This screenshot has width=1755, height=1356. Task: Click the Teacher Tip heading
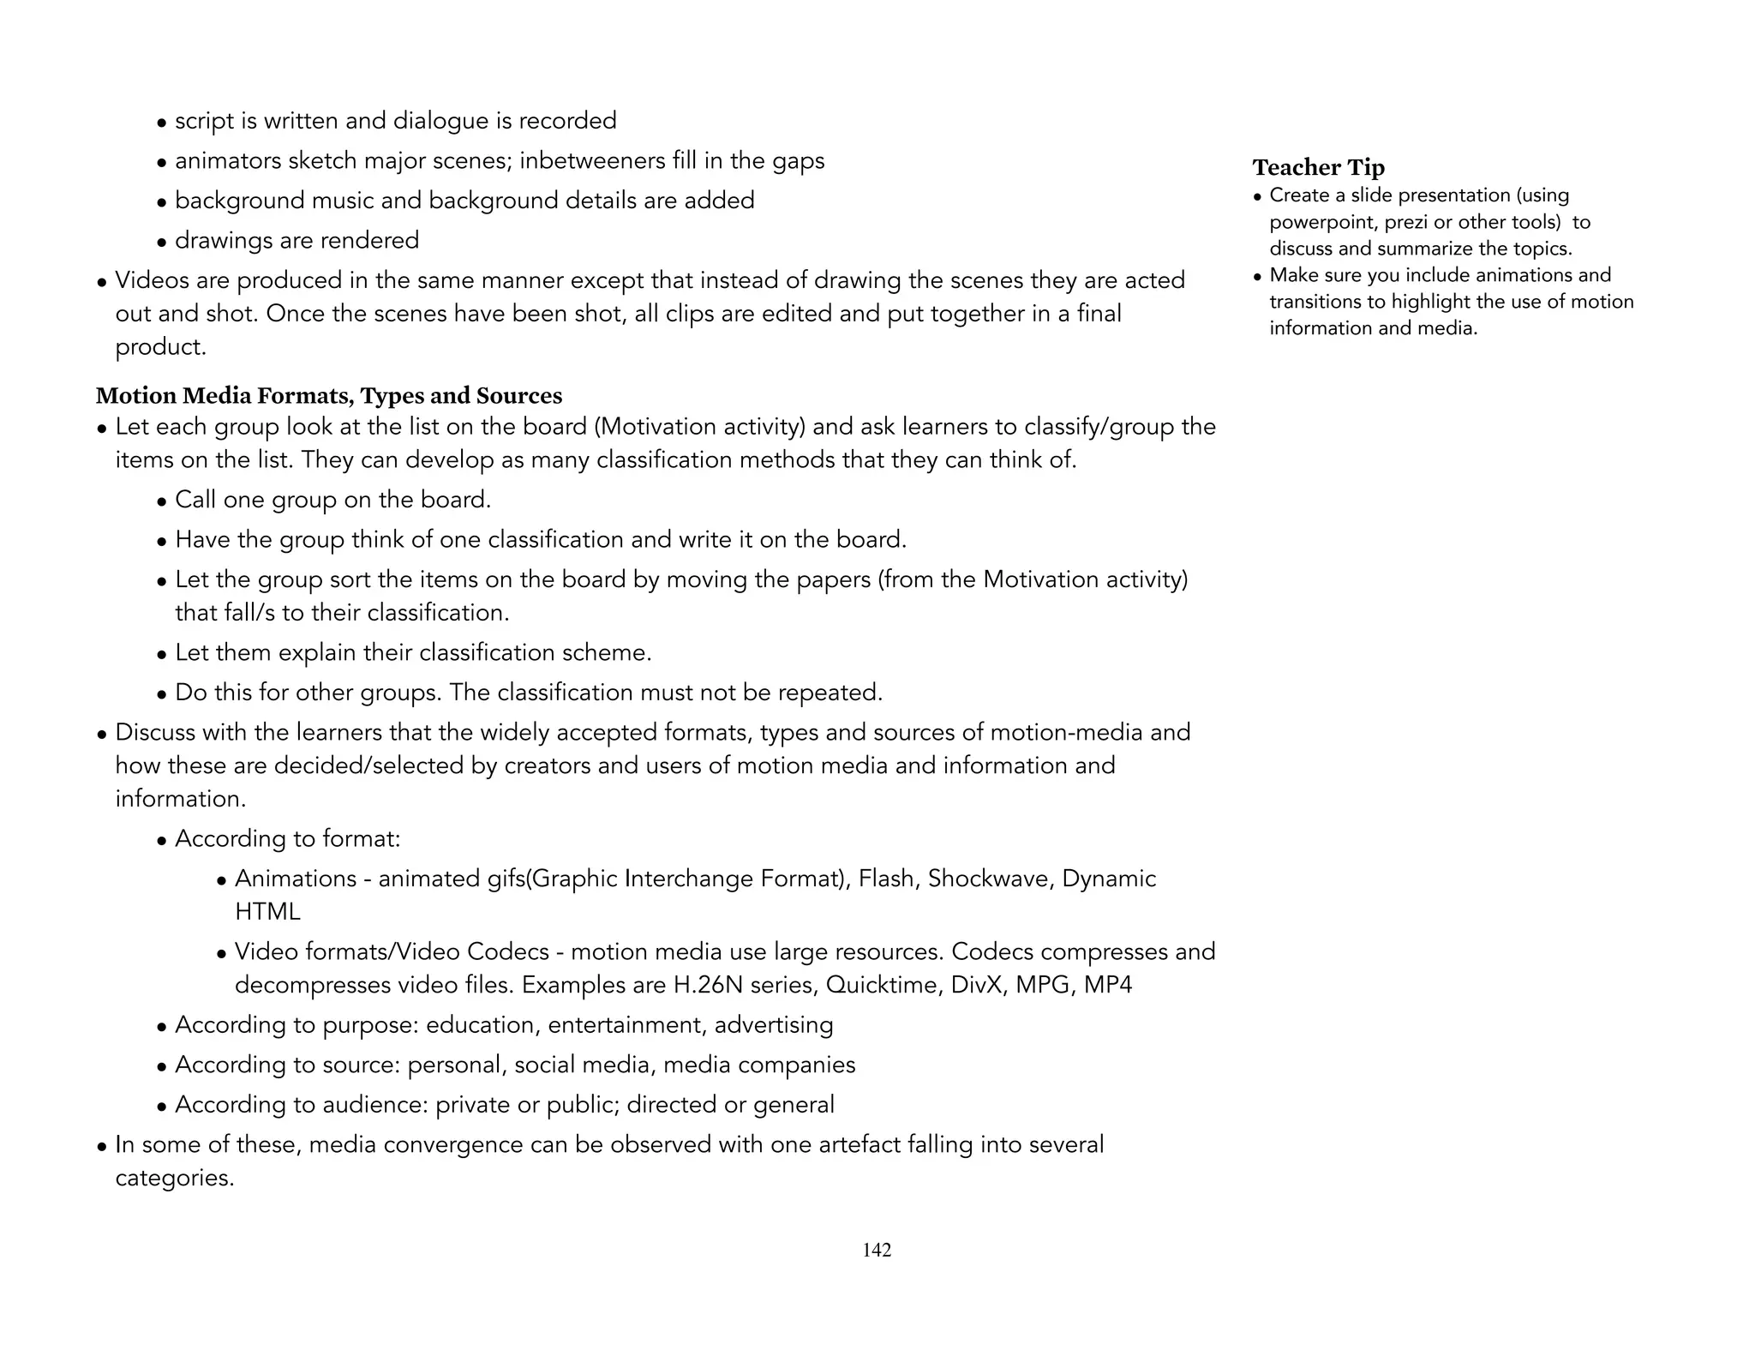[x=1318, y=167]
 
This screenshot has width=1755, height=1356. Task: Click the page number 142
[x=877, y=1250]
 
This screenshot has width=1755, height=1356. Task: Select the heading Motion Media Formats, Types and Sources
[x=329, y=395]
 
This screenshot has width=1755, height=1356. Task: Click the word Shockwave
[x=990, y=879]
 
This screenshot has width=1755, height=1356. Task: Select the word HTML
[x=267, y=911]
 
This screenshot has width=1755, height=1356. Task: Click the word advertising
[x=774, y=1025]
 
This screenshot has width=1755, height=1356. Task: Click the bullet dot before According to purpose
[x=162, y=1027]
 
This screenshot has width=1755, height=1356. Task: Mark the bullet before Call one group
[x=162, y=501]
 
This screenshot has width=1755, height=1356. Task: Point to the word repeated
[x=830, y=693]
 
